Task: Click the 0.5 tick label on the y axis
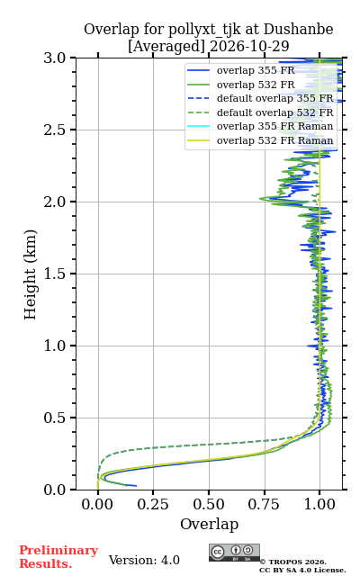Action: pyautogui.click(x=55, y=418)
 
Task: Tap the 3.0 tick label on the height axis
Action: pyautogui.click(x=55, y=58)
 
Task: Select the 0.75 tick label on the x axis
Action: pyautogui.click(x=264, y=504)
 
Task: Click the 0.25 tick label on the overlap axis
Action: pyautogui.click(x=153, y=504)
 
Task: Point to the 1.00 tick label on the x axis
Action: pyautogui.click(x=319, y=504)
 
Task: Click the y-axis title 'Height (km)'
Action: pyautogui.click(x=30, y=274)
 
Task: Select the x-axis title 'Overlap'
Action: pyautogui.click(x=209, y=524)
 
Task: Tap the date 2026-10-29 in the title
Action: pyautogui.click(x=249, y=46)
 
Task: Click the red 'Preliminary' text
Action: pyautogui.click(x=58, y=551)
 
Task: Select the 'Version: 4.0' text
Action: pyautogui.click(x=144, y=560)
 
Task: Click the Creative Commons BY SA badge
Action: pyautogui.click(x=234, y=553)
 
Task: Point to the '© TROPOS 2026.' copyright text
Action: pyautogui.click(x=293, y=562)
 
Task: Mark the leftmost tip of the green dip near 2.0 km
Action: pyautogui.click(x=260, y=198)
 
